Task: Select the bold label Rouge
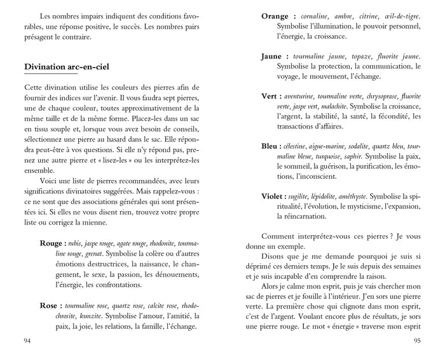pos(50,243)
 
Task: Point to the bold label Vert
pos(272,96)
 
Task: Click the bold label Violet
pos(276,197)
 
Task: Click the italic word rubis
pos(74,243)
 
